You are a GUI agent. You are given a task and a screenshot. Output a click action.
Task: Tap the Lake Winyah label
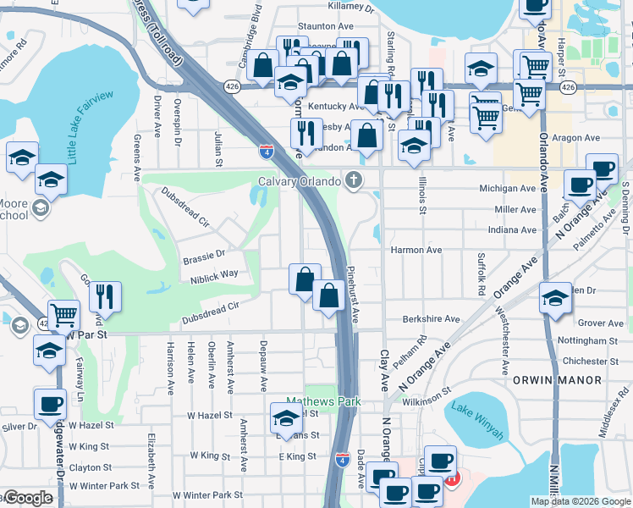[x=477, y=422]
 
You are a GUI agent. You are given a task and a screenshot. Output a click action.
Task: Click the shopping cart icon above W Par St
[x=63, y=315]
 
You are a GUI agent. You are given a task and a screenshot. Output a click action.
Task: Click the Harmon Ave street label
[x=416, y=251]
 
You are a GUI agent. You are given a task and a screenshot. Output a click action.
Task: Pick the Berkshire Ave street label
[x=431, y=320]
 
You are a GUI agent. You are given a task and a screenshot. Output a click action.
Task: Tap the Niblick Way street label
[x=214, y=274]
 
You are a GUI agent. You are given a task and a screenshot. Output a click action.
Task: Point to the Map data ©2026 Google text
[x=580, y=501]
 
